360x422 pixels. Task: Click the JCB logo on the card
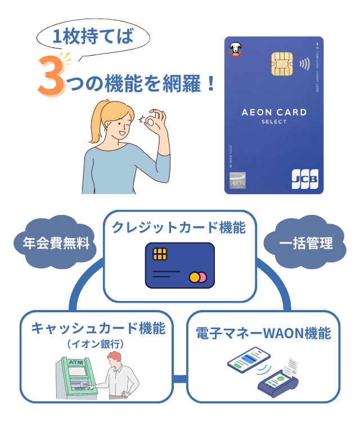(x=304, y=178)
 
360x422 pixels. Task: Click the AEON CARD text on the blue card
(x=274, y=112)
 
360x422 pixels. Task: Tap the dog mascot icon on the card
(x=235, y=50)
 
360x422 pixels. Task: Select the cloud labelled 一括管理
(x=306, y=244)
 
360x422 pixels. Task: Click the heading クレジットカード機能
(x=179, y=228)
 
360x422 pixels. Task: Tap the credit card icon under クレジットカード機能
(x=179, y=265)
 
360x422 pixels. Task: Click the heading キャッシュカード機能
(x=98, y=328)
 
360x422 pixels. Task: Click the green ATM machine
(x=73, y=376)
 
